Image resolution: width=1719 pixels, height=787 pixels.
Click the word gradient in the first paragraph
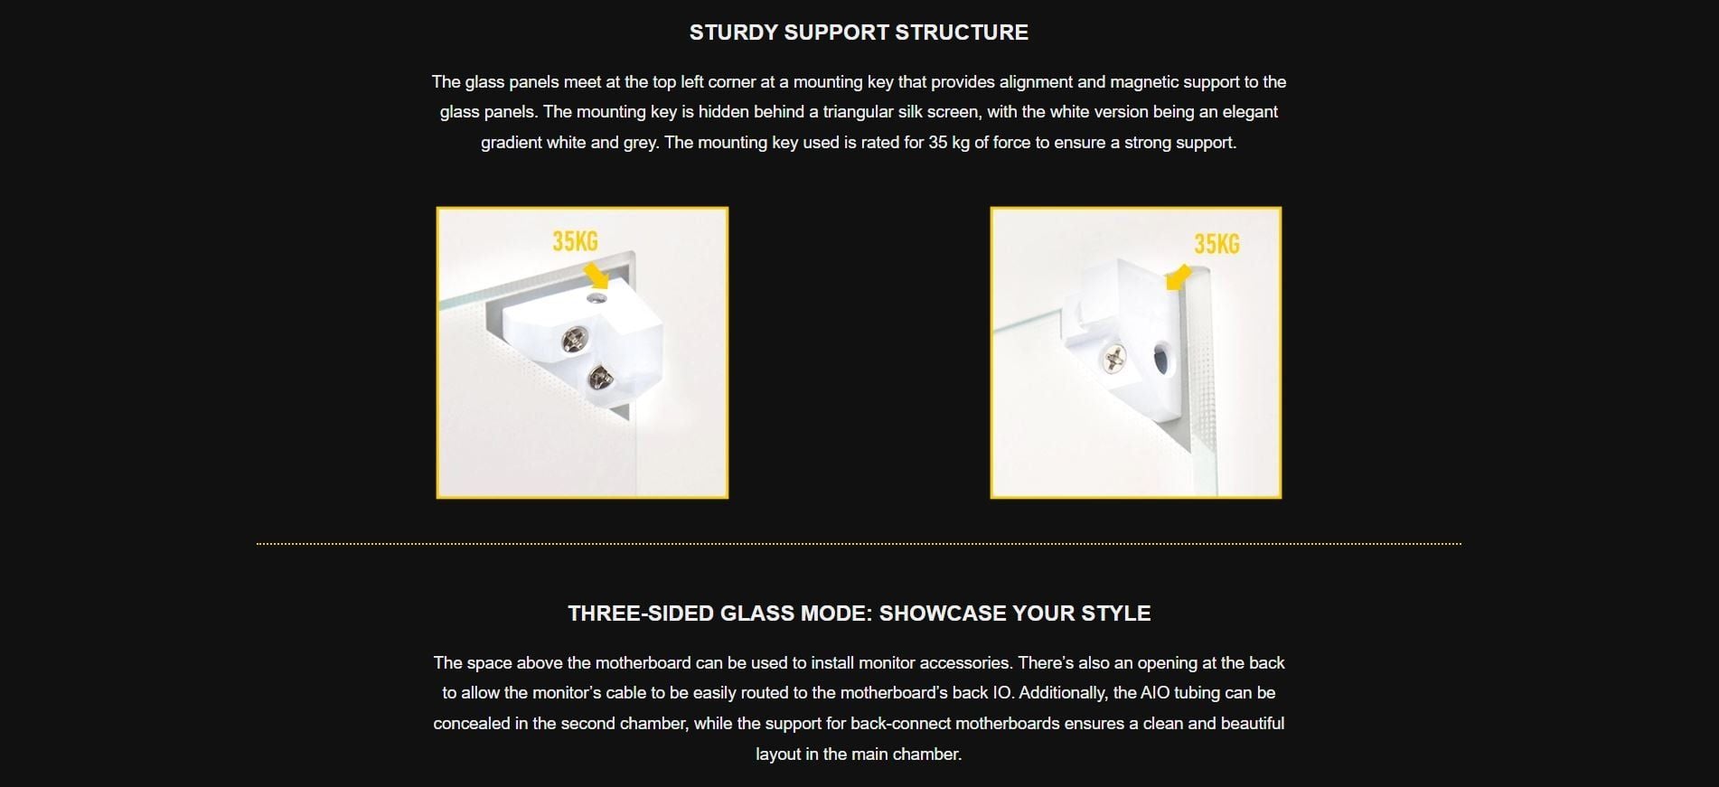(511, 143)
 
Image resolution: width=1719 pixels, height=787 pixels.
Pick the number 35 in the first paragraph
(937, 143)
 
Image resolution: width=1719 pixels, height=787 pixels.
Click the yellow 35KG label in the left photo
(576, 241)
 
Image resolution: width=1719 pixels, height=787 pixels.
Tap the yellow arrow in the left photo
(596, 275)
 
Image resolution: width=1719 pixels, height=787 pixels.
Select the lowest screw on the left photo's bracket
(599, 377)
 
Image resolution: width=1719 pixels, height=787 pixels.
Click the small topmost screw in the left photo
(596, 297)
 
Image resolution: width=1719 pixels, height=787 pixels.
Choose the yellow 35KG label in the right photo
(1216, 244)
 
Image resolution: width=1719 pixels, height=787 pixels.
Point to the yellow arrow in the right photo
(1179, 276)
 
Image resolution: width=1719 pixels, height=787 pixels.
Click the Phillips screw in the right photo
(1113, 360)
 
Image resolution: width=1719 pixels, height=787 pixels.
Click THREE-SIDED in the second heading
(641, 614)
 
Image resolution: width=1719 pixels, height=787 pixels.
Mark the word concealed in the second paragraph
(472, 724)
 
